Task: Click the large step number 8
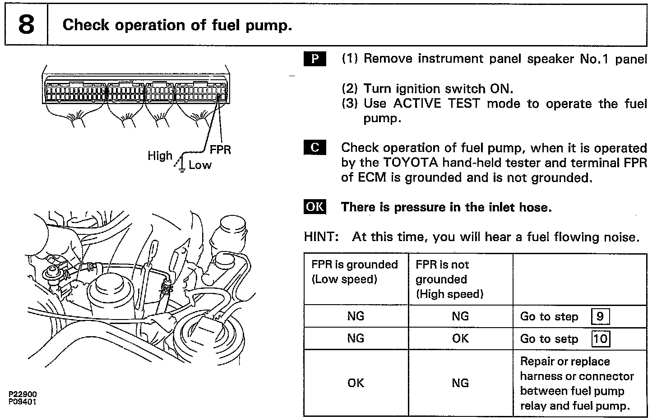click(x=26, y=25)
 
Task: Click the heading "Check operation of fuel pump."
click(x=177, y=25)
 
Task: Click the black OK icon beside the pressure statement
click(x=315, y=207)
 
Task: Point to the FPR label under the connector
click(x=220, y=150)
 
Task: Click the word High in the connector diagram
click(x=160, y=156)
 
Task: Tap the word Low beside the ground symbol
click(x=200, y=165)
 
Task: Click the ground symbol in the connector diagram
click(x=181, y=168)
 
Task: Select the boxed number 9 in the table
click(x=600, y=316)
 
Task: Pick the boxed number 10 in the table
click(x=600, y=338)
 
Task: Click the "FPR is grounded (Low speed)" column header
click(x=355, y=272)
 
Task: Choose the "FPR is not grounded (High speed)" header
click(x=449, y=279)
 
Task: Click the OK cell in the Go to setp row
click(x=460, y=338)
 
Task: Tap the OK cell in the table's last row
click(x=356, y=383)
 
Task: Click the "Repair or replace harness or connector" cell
click(x=577, y=383)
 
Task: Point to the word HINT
click(x=321, y=237)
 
